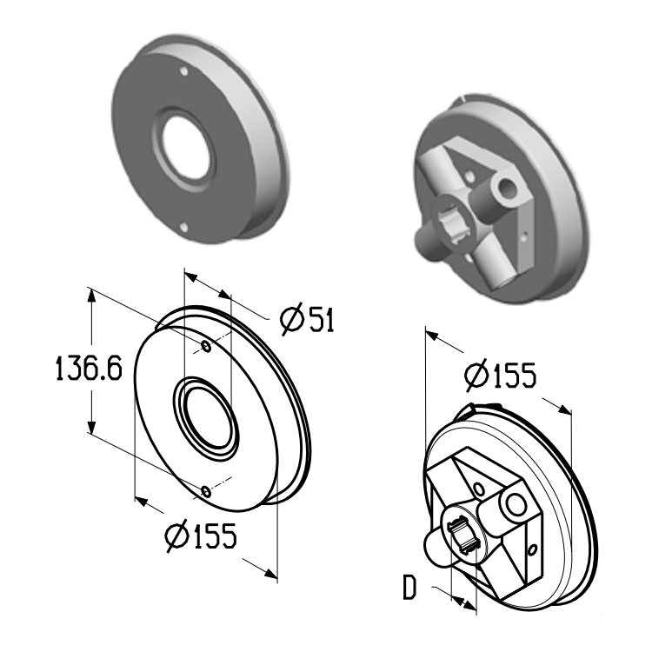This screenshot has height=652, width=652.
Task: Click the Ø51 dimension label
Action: pyautogui.click(x=307, y=320)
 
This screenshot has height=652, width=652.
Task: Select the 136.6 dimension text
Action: pyautogui.click(x=89, y=369)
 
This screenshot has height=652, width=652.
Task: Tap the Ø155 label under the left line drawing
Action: pyautogui.click(x=201, y=536)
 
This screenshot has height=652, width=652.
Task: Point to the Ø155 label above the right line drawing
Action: pyautogui.click(x=501, y=375)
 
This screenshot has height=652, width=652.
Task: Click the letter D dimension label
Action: pyautogui.click(x=409, y=588)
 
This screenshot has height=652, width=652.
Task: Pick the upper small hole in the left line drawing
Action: pyautogui.click(x=206, y=346)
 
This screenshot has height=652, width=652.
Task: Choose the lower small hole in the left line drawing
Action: pyautogui.click(x=206, y=492)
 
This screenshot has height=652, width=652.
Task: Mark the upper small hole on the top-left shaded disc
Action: pyautogui.click(x=183, y=71)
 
